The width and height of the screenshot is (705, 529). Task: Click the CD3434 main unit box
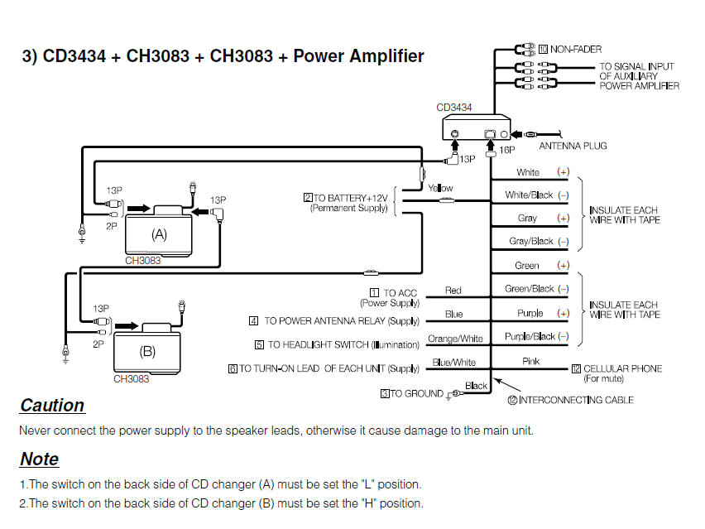pos(471,129)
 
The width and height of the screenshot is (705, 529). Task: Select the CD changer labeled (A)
pos(159,233)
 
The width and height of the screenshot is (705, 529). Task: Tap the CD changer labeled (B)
pos(147,350)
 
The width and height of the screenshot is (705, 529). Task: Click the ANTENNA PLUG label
pos(573,146)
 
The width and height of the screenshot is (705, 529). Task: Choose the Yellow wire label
pos(440,188)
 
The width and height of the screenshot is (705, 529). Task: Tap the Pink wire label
pos(530,362)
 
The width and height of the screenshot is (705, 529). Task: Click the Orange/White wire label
pos(455,339)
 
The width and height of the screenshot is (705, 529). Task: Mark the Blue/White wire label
pos(454,363)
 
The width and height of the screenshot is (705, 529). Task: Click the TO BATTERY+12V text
pos(347,198)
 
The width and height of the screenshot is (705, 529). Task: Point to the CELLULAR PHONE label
pos(622,368)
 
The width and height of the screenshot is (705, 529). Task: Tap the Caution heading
pos(52,406)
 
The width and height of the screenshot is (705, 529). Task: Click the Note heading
pos(39,459)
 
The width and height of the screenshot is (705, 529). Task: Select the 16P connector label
pos(507,151)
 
